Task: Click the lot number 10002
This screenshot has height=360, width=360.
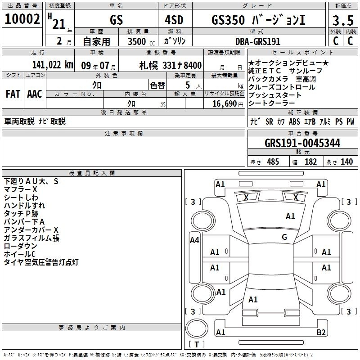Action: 22,19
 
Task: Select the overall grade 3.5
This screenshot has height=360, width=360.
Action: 343,20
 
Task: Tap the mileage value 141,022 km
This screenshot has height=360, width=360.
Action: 53,65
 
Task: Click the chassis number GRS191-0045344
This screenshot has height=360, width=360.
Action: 302,143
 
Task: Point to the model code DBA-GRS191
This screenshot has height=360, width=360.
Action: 258,41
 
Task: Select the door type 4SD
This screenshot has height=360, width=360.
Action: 174,20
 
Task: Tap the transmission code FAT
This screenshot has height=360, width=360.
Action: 13,94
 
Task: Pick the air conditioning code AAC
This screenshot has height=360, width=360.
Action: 35,94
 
